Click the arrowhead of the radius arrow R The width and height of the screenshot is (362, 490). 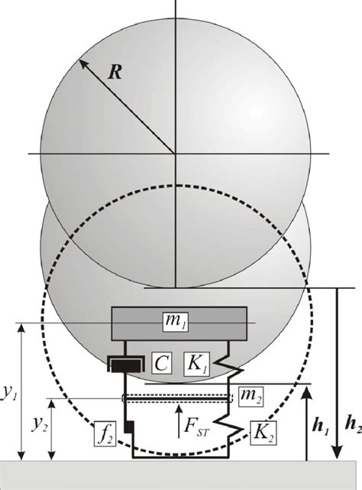[x=79, y=60]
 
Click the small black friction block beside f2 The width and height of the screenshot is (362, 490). [x=130, y=425]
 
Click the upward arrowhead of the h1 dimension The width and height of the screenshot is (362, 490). [x=306, y=391]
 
